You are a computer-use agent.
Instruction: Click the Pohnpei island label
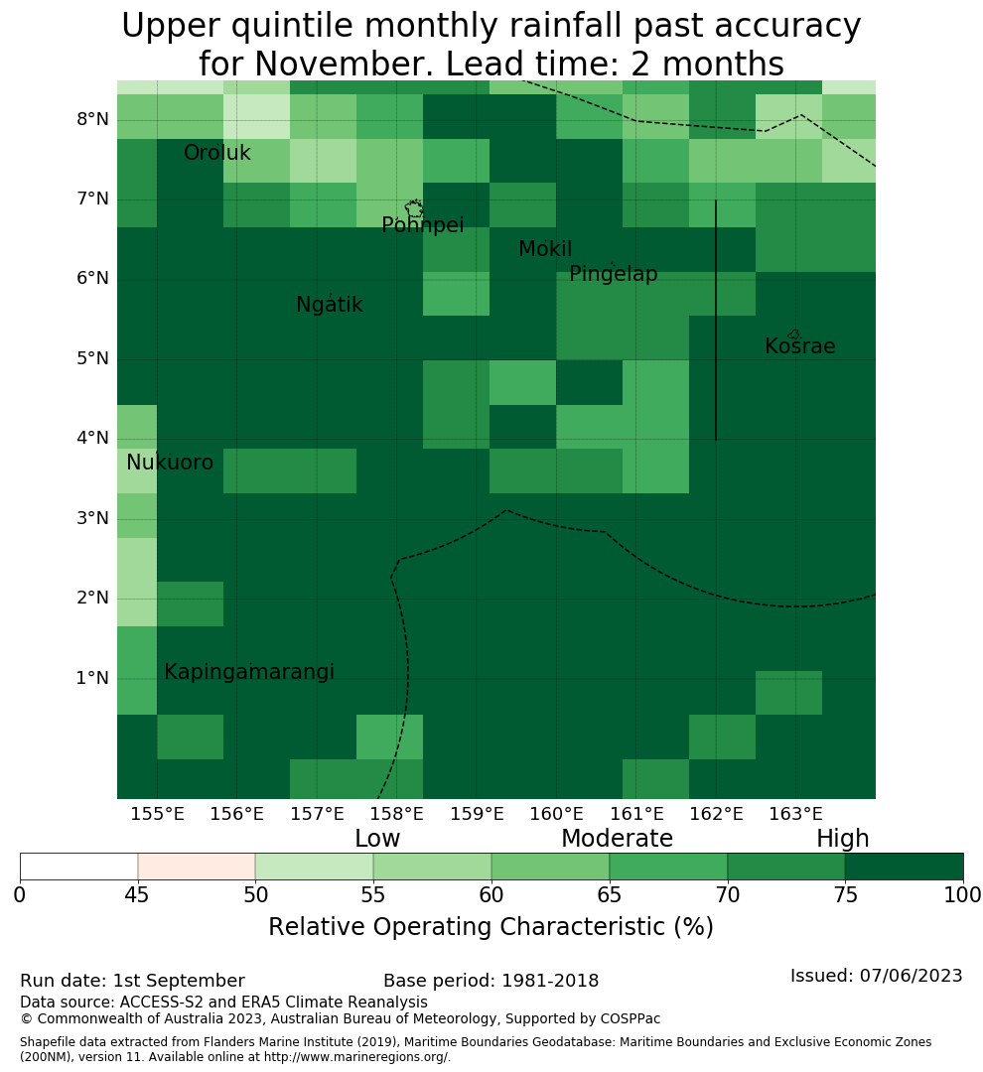pyautogui.click(x=422, y=225)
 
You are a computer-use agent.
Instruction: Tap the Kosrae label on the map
pyautogui.click(x=799, y=346)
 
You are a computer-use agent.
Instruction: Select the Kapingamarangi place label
pyautogui.click(x=249, y=672)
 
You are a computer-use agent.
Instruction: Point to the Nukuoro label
pyautogui.click(x=170, y=463)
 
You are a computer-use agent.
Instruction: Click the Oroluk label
pyautogui.click(x=216, y=153)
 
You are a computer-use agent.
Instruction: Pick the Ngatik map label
pyautogui.click(x=329, y=305)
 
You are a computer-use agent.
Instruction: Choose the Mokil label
pyautogui.click(x=544, y=249)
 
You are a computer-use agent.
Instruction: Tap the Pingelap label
pyautogui.click(x=613, y=274)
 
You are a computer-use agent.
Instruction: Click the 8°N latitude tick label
pyautogui.click(x=92, y=120)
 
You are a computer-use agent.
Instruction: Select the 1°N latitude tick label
pyautogui.click(x=92, y=678)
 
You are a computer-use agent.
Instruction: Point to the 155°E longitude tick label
pyautogui.click(x=157, y=814)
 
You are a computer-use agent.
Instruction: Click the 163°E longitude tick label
pyautogui.click(x=795, y=814)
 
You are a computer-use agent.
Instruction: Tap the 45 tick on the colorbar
pyautogui.click(x=137, y=894)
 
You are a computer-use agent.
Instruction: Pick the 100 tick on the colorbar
pyautogui.click(x=962, y=894)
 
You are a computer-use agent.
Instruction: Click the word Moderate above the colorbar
pyautogui.click(x=617, y=838)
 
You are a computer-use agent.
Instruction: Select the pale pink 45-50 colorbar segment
pyautogui.click(x=197, y=867)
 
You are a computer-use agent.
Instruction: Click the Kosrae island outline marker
pyautogui.click(x=793, y=335)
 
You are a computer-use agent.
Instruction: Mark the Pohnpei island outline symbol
pyautogui.click(x=414, y=208)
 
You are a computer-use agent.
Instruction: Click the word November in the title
pyautogui.click(x=345, y=65)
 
